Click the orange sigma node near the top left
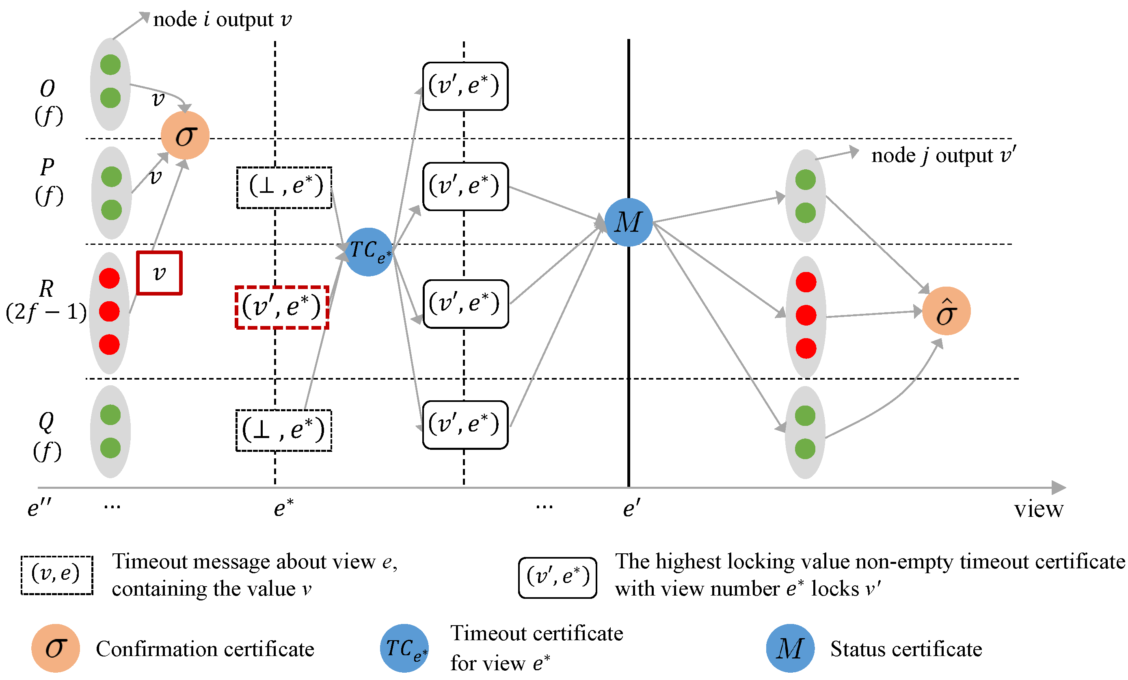[x=185, y=136]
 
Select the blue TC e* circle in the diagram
[x=369, y=252]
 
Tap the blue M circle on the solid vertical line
[x=628, y=222]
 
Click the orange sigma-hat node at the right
[x=946, y=311]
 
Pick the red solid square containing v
[x=159, y=273]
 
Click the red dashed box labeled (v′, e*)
[x=282, y=307]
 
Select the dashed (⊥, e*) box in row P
[x=284, y=188]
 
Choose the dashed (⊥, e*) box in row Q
[x=284, y=430]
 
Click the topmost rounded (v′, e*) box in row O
[x=465, y=86]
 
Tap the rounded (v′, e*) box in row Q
[x=465, y=425]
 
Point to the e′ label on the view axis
[x=632, y=508]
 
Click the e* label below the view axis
[x=283, y=508]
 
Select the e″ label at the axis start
[x=39, y=508]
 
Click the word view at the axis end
[x=1038, y=509]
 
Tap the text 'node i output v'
[x=222, y=19]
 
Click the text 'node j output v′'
[x=943, y=155]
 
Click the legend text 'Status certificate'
[x=906, y=649]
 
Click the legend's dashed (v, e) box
[x=57, y=575]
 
